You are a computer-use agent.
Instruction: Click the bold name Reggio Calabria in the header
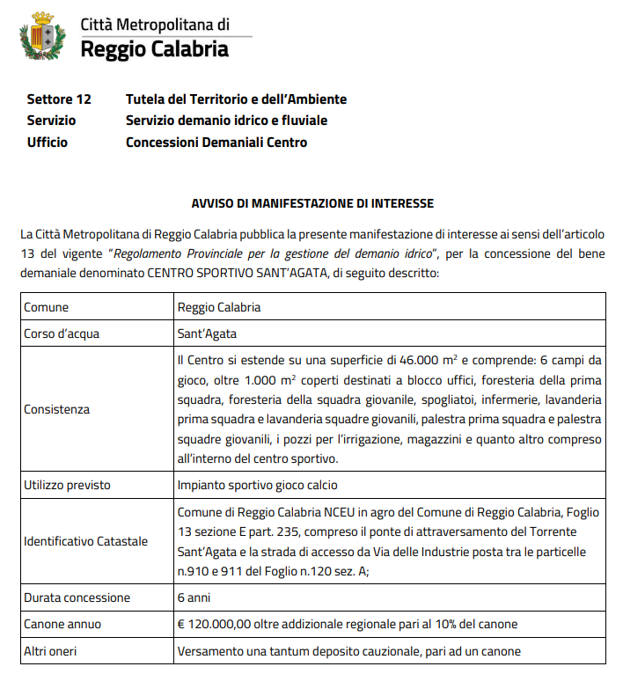pos(154,48)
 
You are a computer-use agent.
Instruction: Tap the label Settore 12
pos(59,99)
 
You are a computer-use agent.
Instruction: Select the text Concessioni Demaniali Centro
pos(216,142)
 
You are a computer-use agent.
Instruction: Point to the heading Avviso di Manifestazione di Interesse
pos(312,203)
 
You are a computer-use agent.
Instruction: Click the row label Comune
pos(47,308)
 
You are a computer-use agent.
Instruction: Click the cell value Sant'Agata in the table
pos(207,334)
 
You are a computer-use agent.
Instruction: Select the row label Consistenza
pos(57,409)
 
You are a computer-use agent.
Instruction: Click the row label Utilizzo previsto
pos(67,485)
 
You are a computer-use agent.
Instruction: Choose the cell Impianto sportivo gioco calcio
pos(257,485)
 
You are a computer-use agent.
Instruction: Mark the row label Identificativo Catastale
pos(85,540)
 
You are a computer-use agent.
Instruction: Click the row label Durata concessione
pos(77,597)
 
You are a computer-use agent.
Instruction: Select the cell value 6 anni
pos(194,597)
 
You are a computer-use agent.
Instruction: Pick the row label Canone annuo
pos(62,624)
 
